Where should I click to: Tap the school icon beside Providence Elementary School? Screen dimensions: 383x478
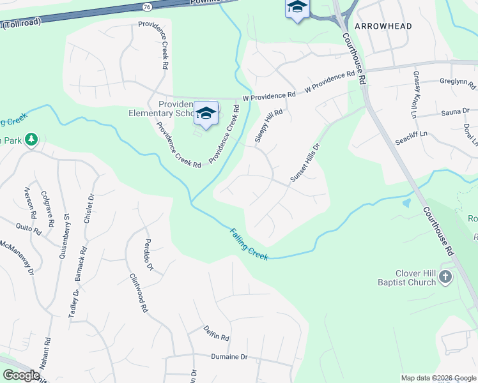tap(206, 113)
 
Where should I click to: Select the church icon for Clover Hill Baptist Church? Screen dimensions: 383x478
tap(445, 276)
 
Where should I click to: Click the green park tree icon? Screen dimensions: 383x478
tap(31, 140)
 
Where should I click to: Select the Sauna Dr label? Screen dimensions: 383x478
tap(455, 112)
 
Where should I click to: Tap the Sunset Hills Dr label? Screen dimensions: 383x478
tap(305, 163)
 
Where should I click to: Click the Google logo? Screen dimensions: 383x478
tap(21, 375)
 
